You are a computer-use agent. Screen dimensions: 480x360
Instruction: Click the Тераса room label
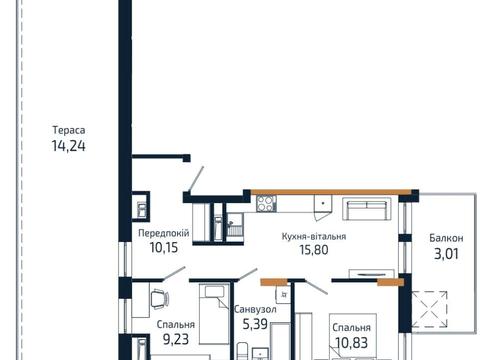point(69,130)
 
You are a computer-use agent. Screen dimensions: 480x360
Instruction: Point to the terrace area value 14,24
point(68,146)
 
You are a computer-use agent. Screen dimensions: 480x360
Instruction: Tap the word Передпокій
point(164,233)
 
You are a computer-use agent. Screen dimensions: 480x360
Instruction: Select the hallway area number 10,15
point(164,248)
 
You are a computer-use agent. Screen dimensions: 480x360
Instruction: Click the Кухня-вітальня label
point(314,236)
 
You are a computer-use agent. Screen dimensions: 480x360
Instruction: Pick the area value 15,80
point(314,250)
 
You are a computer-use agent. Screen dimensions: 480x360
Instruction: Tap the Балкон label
point(446,238)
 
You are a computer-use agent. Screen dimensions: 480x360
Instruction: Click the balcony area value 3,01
point(446,254)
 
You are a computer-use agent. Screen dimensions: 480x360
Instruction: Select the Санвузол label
point(255,310)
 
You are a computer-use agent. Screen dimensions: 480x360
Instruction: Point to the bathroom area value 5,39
point(255,324)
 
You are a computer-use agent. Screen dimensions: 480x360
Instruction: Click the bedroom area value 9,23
point(176,339)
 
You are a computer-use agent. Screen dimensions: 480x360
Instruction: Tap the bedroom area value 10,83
point(352,342)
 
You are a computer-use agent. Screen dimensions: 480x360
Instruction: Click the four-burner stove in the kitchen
point(266,203)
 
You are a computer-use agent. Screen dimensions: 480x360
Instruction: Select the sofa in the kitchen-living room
point(367,209)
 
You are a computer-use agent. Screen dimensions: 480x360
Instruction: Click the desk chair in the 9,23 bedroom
point(160,299)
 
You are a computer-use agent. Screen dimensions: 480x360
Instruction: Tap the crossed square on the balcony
point(429,309)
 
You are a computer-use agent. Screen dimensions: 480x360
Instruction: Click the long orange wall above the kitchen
point(331,192)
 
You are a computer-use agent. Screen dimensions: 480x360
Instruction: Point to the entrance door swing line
point(196,179)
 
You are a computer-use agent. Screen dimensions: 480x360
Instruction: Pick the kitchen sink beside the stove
point(323,203)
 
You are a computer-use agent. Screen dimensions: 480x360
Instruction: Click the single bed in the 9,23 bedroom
point(215,314)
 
